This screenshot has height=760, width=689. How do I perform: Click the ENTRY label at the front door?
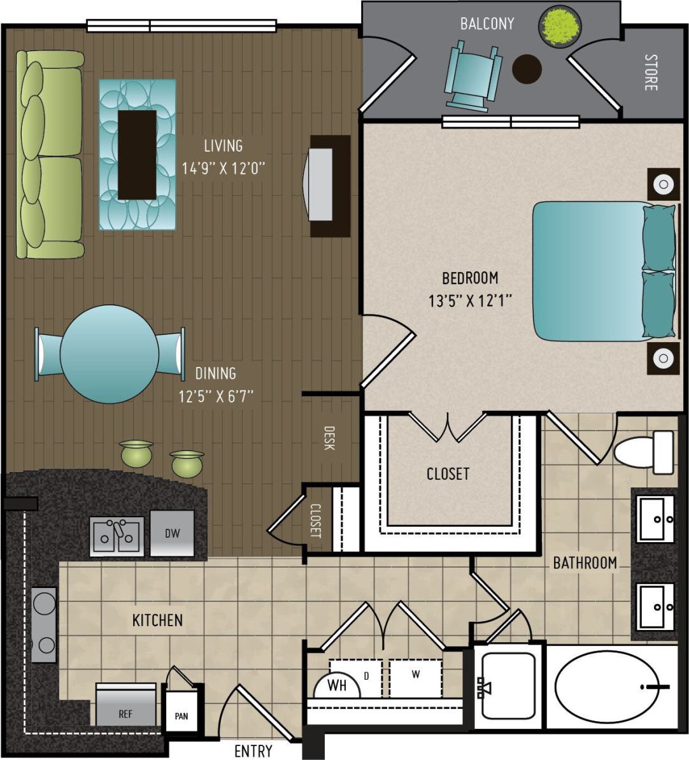tap(253, 751)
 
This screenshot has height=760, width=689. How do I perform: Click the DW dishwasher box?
tap(172, 533)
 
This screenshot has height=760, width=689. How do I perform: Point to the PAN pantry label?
tap(181, 716)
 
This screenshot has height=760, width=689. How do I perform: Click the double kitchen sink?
tap(117, 536)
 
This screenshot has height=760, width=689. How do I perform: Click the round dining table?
tap(109, 354)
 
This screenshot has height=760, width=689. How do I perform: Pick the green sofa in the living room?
tap(50, 155)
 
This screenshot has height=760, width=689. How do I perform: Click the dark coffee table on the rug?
tap(137, 155)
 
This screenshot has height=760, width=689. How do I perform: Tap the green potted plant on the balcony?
tap(560, 27)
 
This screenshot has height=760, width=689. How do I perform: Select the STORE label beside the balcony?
tap(650, 73)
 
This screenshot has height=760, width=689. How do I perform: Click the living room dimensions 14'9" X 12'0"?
tap(222, 168)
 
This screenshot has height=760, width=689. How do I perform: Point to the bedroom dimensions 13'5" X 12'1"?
tap(471, 300)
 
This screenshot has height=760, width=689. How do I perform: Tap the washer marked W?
tap(416, 676)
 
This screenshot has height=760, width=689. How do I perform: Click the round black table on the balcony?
tap(527, 68)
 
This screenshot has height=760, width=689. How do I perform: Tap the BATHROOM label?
tap(584, 563)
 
